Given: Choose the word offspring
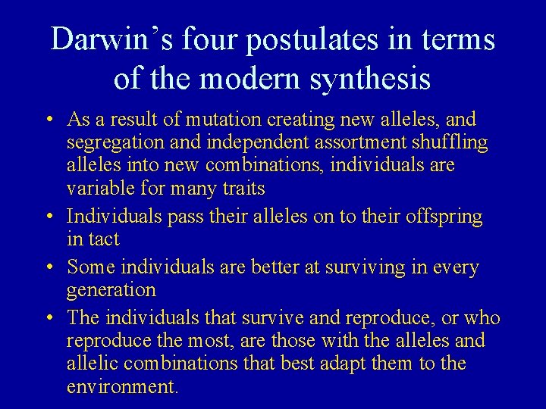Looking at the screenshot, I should click(444, 217).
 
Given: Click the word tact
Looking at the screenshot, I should click(105, 239).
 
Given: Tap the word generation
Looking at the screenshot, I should click(111, 290).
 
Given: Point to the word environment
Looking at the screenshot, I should click(121, 387).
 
